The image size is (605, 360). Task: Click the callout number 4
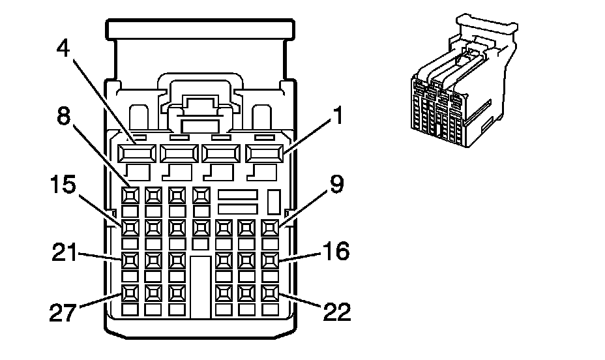click(63, 48)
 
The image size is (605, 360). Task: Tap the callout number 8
click(64, 115)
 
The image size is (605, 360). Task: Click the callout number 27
click(63, 312)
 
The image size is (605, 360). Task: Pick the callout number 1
click(338, 115)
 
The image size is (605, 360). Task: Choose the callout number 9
click(336, 184)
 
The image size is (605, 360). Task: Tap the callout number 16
click(336, 251)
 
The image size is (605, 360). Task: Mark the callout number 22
click(337, 311)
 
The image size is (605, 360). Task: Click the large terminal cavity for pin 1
click(264, 153)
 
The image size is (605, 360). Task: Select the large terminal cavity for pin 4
click(137, 153)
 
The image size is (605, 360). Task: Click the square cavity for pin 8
click(130, 196)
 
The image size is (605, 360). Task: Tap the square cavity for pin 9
click(270, 228)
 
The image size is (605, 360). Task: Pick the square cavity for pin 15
click(130, 228)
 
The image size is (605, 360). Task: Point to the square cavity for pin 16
click(270, 260)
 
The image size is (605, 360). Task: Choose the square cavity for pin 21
click(130, 260)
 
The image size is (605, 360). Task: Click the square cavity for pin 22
click(270, 293)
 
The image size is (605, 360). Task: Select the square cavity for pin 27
click(130, 293)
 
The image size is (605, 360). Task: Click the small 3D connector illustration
click(464, 80)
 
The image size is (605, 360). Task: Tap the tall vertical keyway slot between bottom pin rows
click(201, 287)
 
